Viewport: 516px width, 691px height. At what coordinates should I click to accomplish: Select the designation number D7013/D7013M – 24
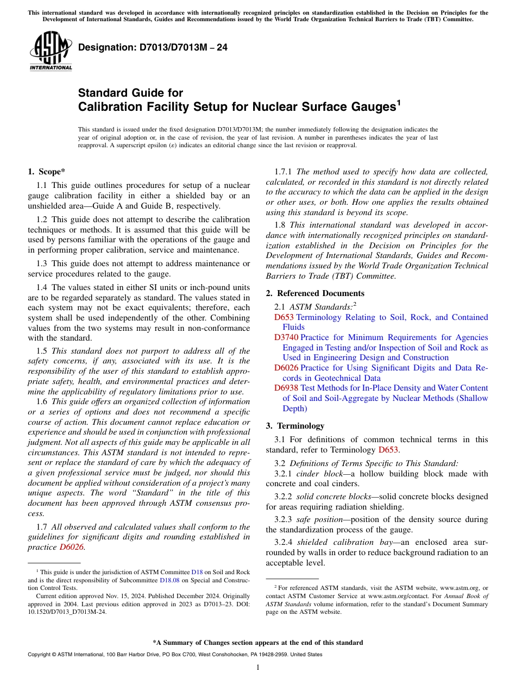153,48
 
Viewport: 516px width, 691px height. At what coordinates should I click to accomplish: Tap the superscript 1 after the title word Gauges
398,102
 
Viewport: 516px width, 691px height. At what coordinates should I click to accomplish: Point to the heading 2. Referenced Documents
315,293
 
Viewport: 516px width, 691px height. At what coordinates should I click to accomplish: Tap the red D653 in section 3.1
388,449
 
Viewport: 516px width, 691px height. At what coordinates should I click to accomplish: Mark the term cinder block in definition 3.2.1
315,474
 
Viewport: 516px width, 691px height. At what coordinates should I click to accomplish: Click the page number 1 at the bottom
258,667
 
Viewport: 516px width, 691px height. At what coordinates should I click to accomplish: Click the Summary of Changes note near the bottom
258,643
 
